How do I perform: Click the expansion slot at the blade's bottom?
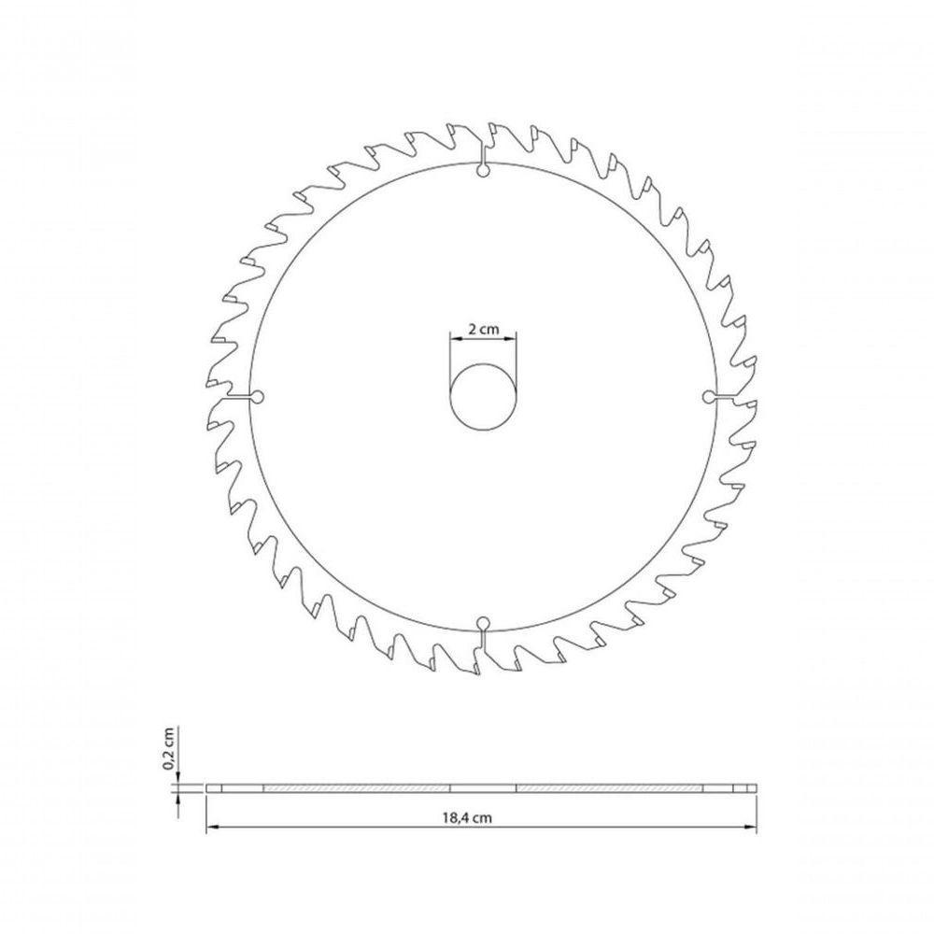click(x=482, y=631)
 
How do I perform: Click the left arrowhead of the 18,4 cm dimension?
click(x=211, y=827)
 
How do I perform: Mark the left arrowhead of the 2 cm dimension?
click(x=454, y=341)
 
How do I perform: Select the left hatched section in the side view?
click(x=357, y=789)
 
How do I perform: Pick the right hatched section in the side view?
click(x=607, y=789)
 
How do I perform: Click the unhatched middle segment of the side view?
click(x=483, y=789)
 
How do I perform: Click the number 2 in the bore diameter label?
click(x=471, y=329)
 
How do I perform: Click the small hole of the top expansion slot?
click(x=482, y=170)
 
